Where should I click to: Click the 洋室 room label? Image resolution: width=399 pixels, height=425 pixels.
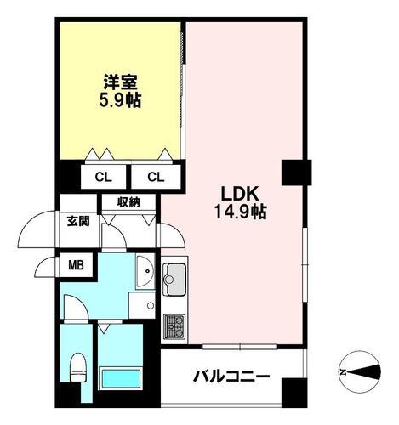(120, 82)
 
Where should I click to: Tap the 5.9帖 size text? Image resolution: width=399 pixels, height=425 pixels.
(120, 99)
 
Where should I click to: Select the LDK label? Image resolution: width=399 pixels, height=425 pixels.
(240, 194)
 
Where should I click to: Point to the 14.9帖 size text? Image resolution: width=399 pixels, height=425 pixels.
(240, 212)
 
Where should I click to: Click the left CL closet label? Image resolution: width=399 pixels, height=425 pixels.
(103, 178)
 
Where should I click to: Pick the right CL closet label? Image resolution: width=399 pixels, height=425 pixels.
(156, 178)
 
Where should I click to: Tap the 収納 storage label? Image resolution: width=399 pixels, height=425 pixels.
(129, 202)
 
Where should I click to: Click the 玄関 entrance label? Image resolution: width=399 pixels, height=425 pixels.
(78, 221)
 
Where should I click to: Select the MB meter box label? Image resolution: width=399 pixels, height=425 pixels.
(76, 265)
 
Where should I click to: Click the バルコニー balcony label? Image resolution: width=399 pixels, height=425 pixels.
(231, 377)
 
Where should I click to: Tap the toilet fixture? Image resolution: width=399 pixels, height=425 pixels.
(77, 367)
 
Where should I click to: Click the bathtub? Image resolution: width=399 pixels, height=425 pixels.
(121, 379)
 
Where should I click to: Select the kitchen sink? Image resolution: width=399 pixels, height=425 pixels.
(174, 279)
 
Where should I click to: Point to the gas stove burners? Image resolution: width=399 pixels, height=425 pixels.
(174, 326)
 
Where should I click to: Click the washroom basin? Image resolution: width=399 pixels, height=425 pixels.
(145, 272)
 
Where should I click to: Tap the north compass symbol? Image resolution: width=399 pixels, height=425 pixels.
(361, 371)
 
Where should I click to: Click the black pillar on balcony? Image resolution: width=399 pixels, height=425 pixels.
(294, 393)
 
